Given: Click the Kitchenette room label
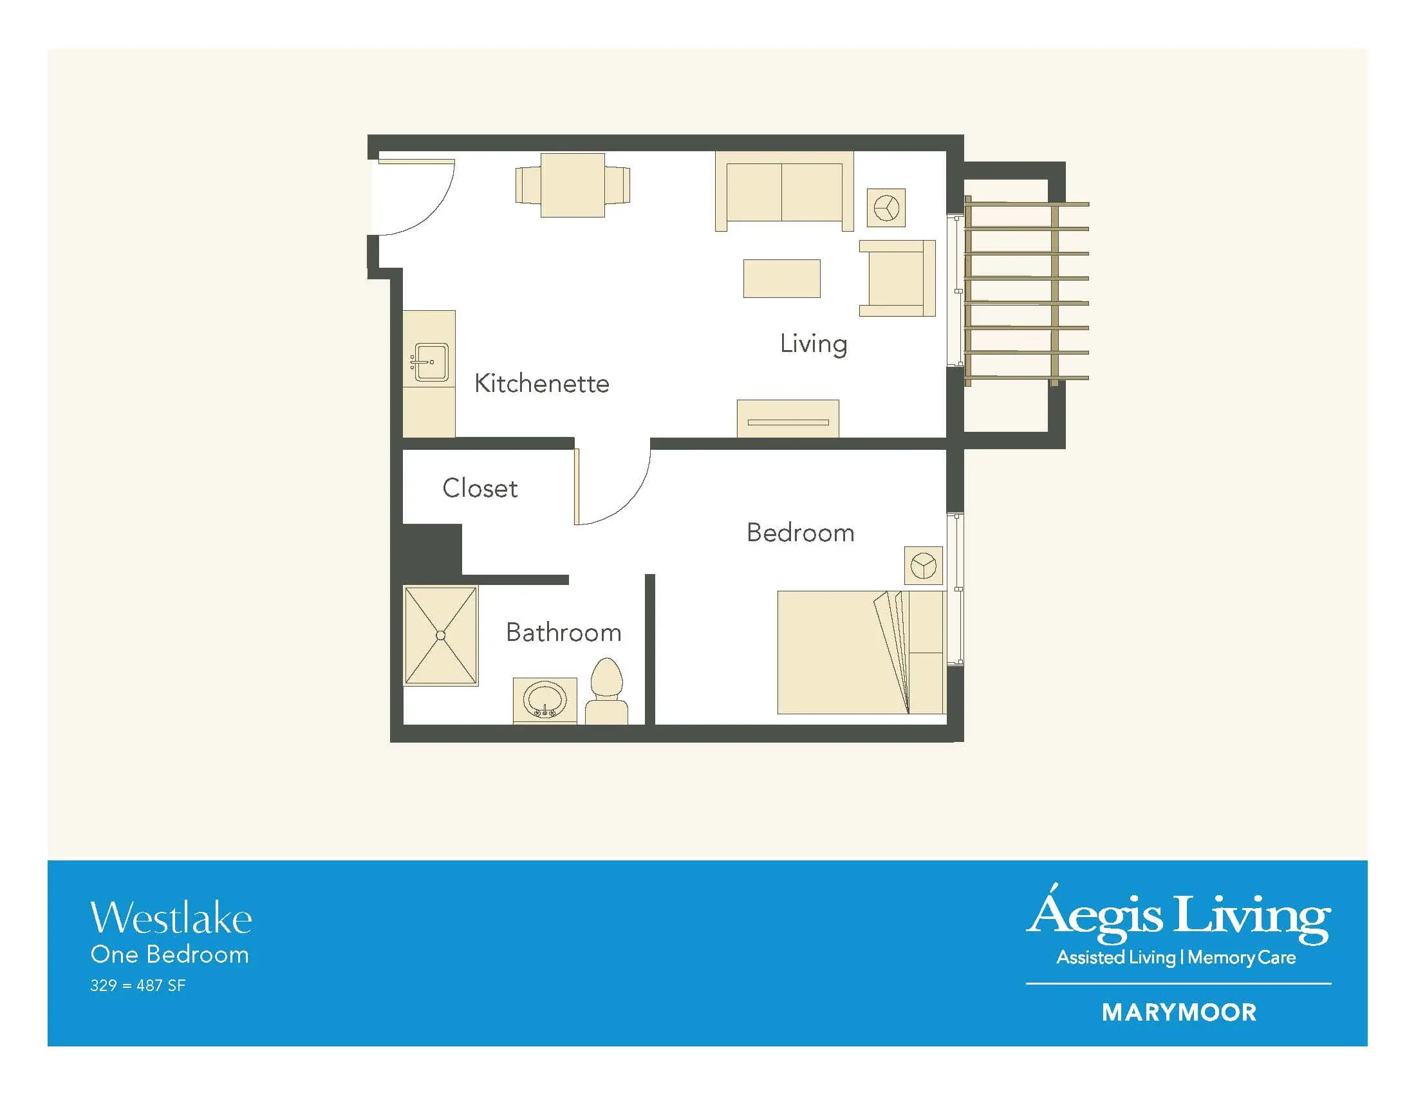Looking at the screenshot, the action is [541, 384].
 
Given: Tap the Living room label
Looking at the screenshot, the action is [813, 344].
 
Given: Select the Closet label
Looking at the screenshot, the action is [480, 488].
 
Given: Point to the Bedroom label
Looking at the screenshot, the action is [800, 533].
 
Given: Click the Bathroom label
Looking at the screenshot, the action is [563, 633].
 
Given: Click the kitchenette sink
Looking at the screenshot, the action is [429, 362].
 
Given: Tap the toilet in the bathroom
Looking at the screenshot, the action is [606, 691].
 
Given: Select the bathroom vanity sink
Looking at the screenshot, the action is [545, 701].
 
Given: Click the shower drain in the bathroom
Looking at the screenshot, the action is [441, 636].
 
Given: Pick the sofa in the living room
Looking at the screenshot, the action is [784, 191].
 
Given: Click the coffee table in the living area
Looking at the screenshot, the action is [782, 279].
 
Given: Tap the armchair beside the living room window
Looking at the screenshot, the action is [897, 278].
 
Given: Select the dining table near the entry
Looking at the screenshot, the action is [572, 185].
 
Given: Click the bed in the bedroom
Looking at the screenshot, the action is [862, 652].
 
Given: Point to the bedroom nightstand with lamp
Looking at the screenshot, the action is [924, 565].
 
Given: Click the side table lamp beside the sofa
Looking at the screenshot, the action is [886, 208].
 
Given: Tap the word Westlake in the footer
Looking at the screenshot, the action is [171, 918].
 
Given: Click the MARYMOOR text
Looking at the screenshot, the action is [1178, 1012].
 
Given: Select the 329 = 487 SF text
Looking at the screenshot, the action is [138, 986].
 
